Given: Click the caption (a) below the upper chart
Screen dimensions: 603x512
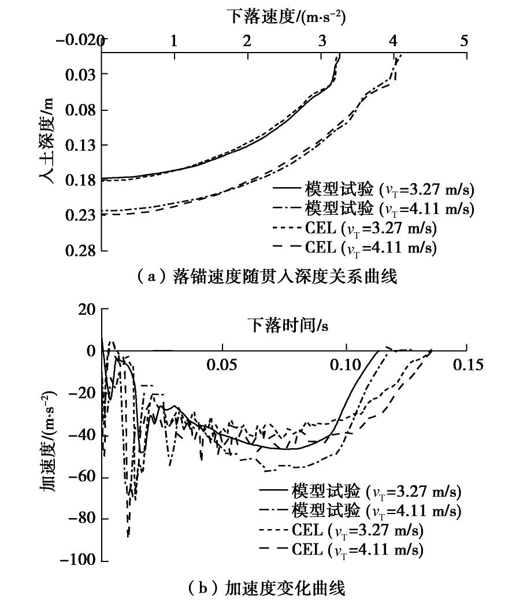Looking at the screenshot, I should [257, 278].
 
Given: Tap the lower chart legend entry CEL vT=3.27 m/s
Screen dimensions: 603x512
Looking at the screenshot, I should [354, 530].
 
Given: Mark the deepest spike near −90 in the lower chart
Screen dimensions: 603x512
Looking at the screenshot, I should [128, 536].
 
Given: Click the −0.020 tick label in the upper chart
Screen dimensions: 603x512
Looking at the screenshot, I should [80, 41].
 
